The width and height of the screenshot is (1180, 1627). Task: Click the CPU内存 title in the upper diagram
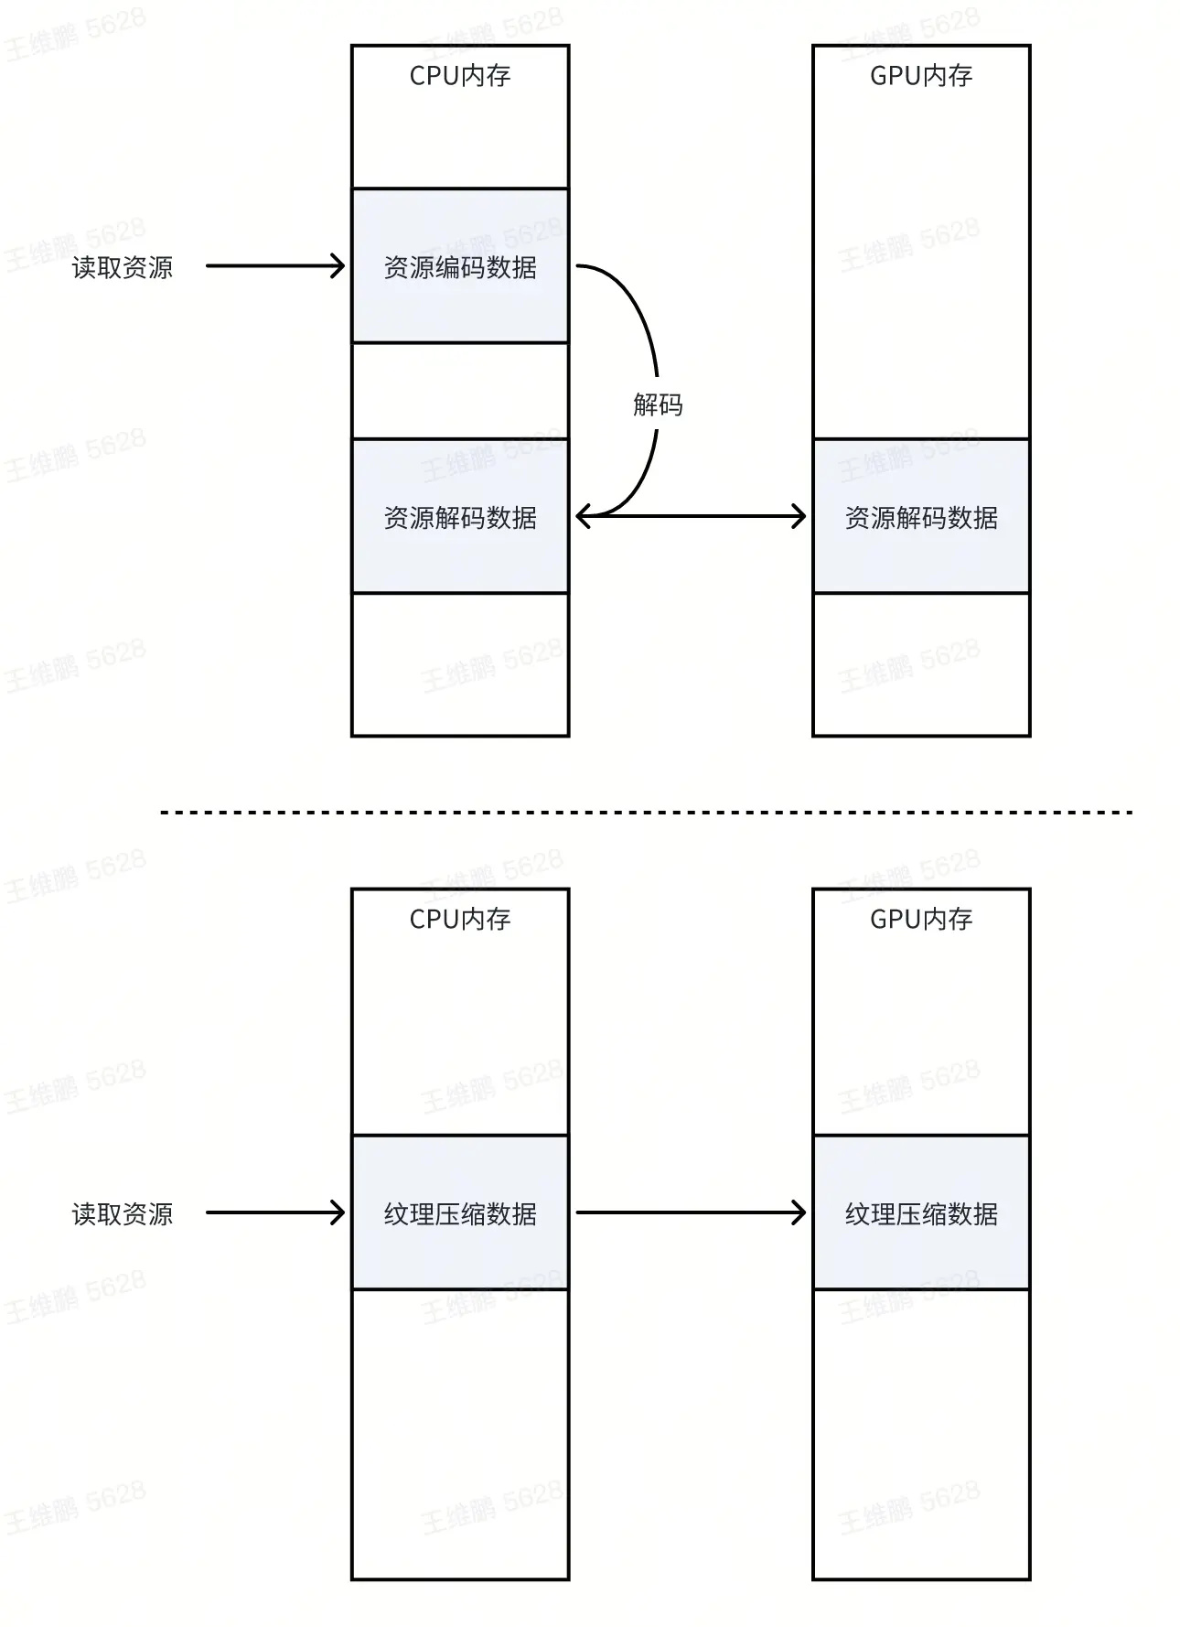pyautogui.click(x=459, y=76)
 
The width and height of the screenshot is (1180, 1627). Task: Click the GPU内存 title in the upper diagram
pyautogui.click(x=920, y=76)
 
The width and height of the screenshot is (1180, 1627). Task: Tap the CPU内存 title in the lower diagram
pyautogui.click(x=459, y=919)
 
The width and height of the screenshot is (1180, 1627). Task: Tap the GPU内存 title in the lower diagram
pyautogui.click(x=920, y=919)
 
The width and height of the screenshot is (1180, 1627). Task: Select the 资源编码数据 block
pyautogui.click(x=460, y=266)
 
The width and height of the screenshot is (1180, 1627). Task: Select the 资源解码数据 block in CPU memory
pyautogui.click(x=460, y=517)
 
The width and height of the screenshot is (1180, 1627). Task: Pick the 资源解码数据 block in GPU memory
pyautogui.click(x=921, y=517)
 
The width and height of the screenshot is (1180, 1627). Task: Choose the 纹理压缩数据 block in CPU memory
pyautogui.click(x=460, y=1213)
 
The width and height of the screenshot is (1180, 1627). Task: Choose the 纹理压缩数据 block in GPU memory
pyautogui.click(x=921, y=1213)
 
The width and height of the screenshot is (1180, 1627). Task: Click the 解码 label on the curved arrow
pyautogui.click(x=658, y=404)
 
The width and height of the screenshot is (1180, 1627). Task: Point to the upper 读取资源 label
pyautogui.click(x=123, y=267)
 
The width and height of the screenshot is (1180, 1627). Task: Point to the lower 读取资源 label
pyautogui.click(x=123, y=1214)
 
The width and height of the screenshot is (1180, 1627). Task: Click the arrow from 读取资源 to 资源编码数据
pyautogui.click(x=274, y=266)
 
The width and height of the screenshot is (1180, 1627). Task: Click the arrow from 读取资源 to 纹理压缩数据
pyautogui.click(x=274, y=1213)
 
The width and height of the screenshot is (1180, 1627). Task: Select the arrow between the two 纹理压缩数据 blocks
pyautogui.click(x=691, y=1213)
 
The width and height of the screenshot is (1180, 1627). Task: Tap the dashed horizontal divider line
pyautogui.click(x=647, y=812)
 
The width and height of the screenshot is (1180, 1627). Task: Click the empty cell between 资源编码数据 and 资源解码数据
pyautogui.click(x=460, y=391)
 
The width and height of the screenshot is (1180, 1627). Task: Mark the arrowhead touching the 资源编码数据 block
pyautogui.click(x=338, y=266)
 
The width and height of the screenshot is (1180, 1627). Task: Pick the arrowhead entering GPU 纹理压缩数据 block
pyautogui.click(x=799, y=1213)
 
